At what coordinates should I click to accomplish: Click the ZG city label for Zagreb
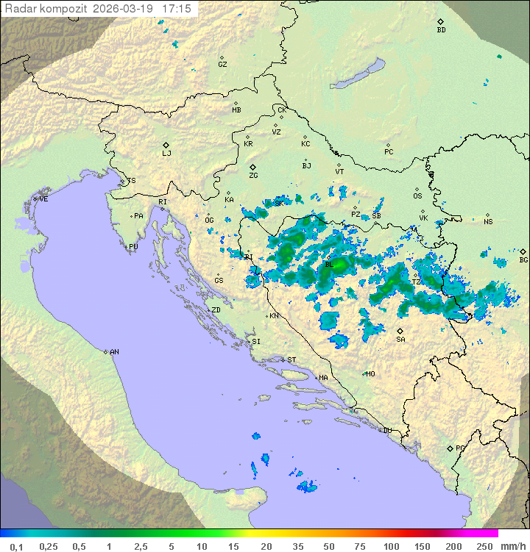(x=253, y=176)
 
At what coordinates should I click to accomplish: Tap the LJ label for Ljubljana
(x=166, y=154)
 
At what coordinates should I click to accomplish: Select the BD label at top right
(x=441, y=30)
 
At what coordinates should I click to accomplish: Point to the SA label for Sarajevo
(x=400, y=339)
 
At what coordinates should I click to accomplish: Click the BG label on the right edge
(x=523, y=259)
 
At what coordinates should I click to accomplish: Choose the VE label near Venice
(x=43, y=199)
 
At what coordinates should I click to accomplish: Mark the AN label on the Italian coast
(x=114, y=352)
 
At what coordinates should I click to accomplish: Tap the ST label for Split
(x=291, y=360)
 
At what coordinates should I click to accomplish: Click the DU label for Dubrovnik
(x=386, y=431)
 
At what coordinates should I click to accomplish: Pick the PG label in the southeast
(x=460, y=448)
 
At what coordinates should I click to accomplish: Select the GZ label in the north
(x=222, y=65)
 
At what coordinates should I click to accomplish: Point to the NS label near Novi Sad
(x=488, y=222)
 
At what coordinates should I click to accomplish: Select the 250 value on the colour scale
(x=484, y=546)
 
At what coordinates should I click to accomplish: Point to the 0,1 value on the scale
(x=16, y=546)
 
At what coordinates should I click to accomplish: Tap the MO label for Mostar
(x=370, y=373)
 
